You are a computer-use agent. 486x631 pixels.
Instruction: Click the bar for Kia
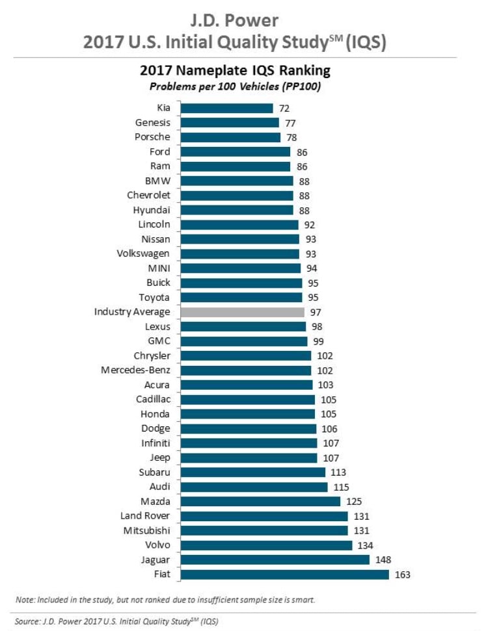pyautogui.click(x=226, y=108)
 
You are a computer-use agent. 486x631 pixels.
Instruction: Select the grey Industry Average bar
pyautogui.click(x=242, y=312)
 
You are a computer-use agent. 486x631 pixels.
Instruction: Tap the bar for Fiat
pyautogui.click(x=284, y=574)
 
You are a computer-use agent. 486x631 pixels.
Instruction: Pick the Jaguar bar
pyautogui.click(x=275, y=560)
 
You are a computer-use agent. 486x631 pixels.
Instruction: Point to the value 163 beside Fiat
pyautogui.click(x=403, y=574)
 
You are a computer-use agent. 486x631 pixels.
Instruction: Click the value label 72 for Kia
pyautogui.click(x=284, y=108)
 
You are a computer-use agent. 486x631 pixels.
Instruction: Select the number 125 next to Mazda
pyautogui.click(x=353, y=501)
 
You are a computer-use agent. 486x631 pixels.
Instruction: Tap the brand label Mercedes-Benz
pyautogui.click(x=135, y=370)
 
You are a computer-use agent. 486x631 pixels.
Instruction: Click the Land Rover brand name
pyautogui.click(x=145, y=516)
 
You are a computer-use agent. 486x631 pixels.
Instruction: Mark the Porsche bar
pyautogui.click(x=230, y=137)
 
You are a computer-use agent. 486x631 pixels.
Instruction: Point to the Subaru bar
pyautogui.click(x=252, y=472)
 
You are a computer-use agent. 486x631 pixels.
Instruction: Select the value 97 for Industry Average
pyautogui.click(x=316, y=312)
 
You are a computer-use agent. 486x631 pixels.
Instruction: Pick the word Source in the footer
pyautogui.click(x=27, y=622)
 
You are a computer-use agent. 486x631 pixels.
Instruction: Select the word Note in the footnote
pyautogui.click(x=24, y=599)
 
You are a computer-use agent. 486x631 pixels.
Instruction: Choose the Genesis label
pyautogui.click(x=152, y=122)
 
